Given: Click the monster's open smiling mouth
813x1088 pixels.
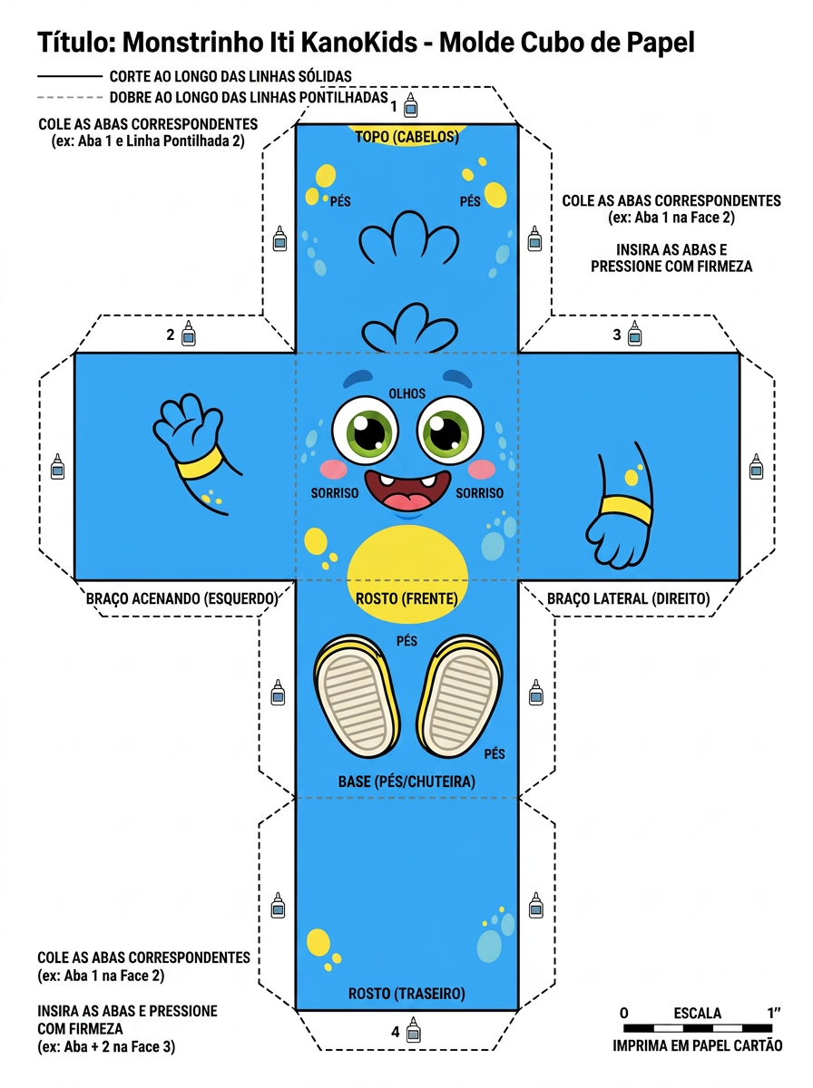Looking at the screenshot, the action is [407, 491].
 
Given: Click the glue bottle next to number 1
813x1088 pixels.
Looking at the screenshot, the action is [410, 104].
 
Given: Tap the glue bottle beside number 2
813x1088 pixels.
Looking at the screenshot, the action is [189, 333].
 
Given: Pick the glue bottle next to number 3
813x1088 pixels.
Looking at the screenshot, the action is [634, 333].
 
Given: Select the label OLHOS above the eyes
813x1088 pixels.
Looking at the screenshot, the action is [406, 393].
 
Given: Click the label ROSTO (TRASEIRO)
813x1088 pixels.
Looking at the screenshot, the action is [406, 994].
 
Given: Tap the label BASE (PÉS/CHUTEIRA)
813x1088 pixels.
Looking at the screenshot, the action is [406, 782].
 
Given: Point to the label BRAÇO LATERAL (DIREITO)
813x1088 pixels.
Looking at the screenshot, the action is [628, 598].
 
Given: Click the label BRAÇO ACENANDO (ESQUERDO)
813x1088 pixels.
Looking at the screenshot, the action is [182, 598].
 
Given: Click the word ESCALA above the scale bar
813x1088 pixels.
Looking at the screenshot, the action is [698, 1013].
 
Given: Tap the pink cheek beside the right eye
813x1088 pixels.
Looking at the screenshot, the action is [482, 469].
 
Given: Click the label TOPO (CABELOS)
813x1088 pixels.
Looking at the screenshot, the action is [406, 137].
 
